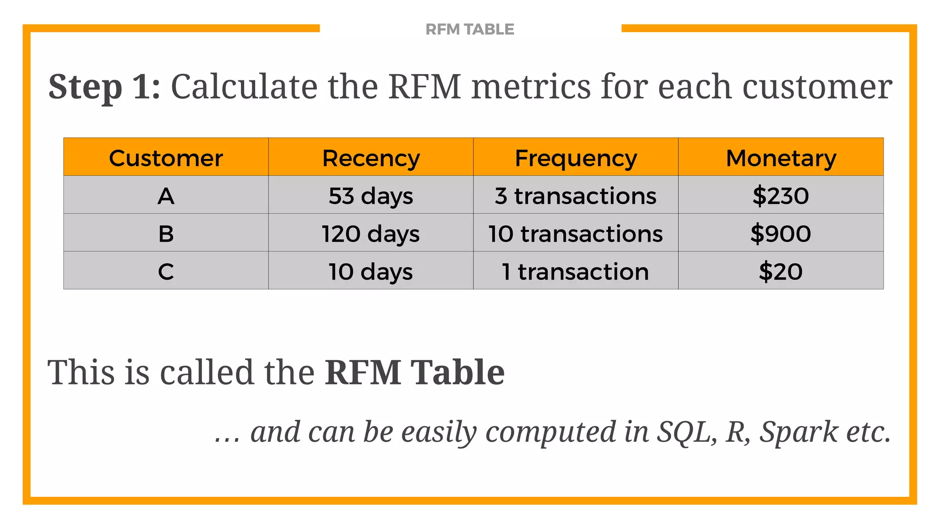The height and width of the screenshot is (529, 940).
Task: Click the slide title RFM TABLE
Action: pyautogui.click(x=470, y=29)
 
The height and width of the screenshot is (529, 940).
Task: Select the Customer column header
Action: pyautogui.click(x=166, y=158)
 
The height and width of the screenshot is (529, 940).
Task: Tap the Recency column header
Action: pyautogui.click(x=371, y=158)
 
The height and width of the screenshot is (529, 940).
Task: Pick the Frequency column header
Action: pyautogui.click(x=576, y=158)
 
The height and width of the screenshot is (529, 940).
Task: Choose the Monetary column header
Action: pyautogui.click(x=781, y=158)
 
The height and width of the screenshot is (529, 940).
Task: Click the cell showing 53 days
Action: pyautogui.click(x=371, y=196)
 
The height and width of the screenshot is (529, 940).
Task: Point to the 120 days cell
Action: pyautogui.click(x=371, y=234)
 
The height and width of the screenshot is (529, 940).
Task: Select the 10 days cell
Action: pyautogui.click(x=371, y=271)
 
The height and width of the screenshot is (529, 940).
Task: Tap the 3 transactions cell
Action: pyautogui.click(x=576, y=196)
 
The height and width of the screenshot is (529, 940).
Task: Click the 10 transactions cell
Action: pyautogui.click(x=576, y=234)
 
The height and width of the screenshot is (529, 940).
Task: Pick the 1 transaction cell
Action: pyautogui.click(x=576, y=271)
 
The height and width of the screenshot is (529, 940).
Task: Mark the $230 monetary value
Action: pyautogui.click(x=781, y=196)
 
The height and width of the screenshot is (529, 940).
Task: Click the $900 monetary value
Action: pyautogui.click(x=781, y=234)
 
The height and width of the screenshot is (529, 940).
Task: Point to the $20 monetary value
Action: pyautogui.click(x=781, y=271)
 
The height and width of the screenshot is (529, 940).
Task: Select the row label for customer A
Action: pyautogui.click(x=166, y=196)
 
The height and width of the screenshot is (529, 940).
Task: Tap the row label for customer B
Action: pyautogui.click(x=166, y=234)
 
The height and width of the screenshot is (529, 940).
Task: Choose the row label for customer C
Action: pyautogui.click(x=166, y=271)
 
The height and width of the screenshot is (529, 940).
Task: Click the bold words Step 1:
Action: pyautogui.click(x=105, y=87)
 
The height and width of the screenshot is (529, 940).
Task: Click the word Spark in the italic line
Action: pyautogui.click(x=799, y=432)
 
